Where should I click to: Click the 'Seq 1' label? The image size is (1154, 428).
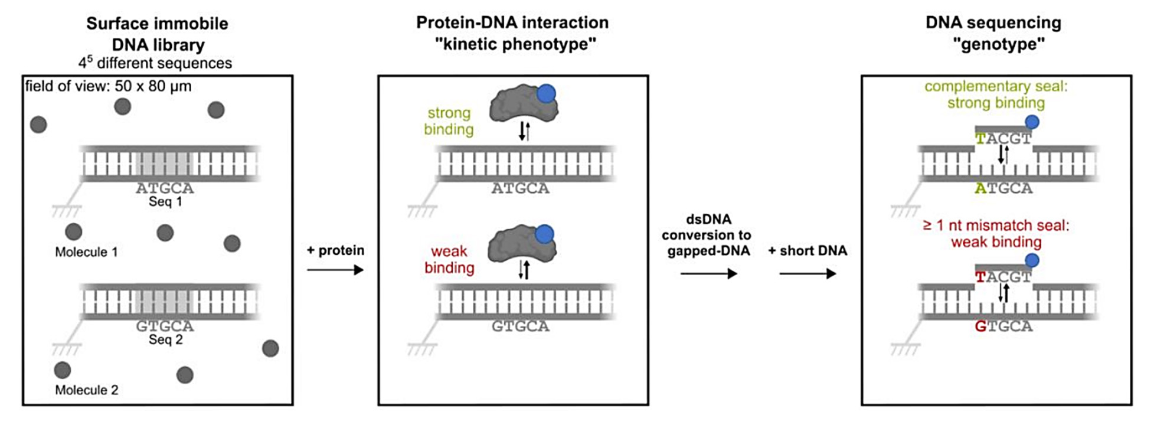(165, 202)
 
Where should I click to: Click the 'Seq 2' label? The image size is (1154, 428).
(165, 340)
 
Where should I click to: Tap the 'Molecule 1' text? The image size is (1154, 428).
(86, 252)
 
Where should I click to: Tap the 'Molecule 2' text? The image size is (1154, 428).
(86, 390)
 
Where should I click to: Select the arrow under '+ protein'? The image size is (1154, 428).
(335, 270)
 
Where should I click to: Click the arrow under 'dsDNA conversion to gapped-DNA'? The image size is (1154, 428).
(708, 274)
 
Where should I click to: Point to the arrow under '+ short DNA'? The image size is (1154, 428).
(808, 274)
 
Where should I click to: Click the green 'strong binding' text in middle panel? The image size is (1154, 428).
(449, 121)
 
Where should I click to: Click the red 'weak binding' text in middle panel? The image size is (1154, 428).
(449, 259)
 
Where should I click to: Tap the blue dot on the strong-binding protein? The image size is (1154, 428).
(546, 93)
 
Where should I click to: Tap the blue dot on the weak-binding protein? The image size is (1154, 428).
(544, 234)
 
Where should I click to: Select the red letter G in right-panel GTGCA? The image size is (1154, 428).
(980, 326)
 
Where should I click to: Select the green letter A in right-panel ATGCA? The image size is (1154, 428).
(980, 188)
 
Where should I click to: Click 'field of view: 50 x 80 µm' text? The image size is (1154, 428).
(108, 86)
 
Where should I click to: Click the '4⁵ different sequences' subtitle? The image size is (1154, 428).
(155, 63)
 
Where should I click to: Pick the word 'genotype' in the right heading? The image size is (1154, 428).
(999, 44)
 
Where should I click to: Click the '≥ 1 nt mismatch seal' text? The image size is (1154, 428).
(996, 226)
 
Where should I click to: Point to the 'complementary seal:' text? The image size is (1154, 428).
(996, 87)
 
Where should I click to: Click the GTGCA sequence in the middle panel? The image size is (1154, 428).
(520, 326)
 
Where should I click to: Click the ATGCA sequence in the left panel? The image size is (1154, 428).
(165, 188)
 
